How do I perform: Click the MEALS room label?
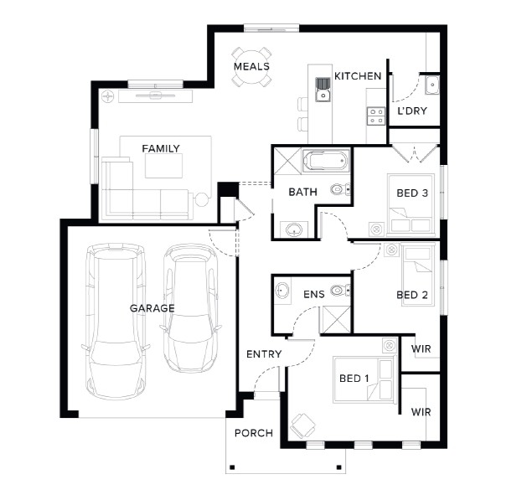tap(251, 66)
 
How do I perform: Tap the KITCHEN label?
tap(358, 76)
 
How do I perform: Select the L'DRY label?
tap(412, 111)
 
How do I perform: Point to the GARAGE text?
tap(152, 308)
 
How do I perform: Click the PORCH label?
tap(254, 433)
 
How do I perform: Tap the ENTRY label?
tap(264, 354)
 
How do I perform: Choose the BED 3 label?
tap(412, 193)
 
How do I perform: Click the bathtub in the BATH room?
tap(325, 161)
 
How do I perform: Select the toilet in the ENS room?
tap(341, 290)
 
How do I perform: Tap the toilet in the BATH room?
tap(341, 189)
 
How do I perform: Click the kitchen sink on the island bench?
tap(323, 90)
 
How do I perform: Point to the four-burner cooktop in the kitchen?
tap(376, 116)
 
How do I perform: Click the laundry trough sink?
tap(432, 85)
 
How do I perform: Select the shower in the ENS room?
tap(336, 320)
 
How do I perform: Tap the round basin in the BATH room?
tap(294, 229)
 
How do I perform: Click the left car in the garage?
tap(116, 321)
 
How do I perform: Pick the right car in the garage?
tap(191, 309)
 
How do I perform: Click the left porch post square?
tap(232, 467)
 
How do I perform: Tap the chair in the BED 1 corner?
tap(303, 425)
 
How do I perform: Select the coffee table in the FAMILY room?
tap(163, 166)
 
